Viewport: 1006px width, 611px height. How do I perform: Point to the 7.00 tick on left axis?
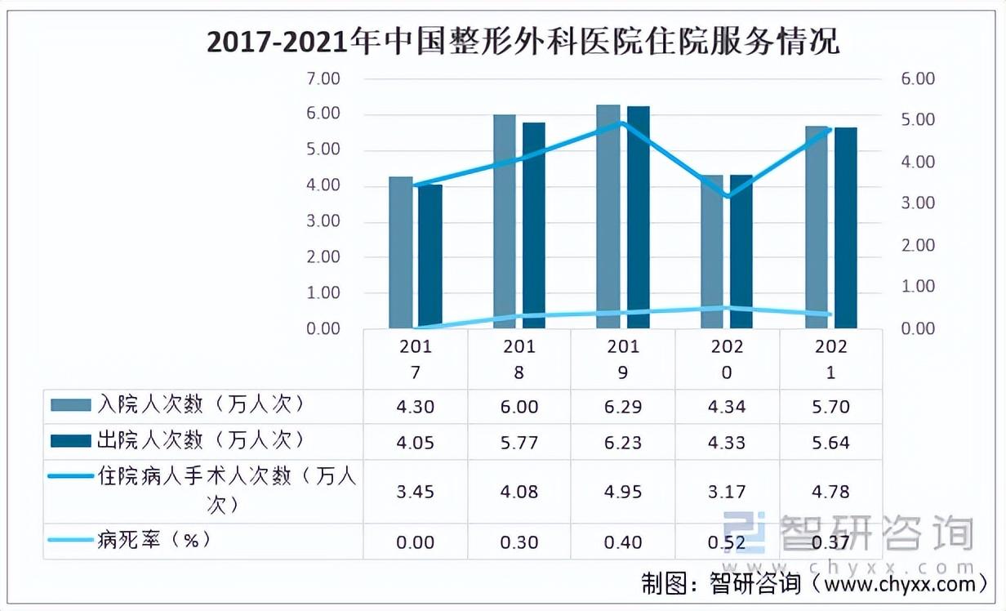pyautogui.click(x=322, y=79)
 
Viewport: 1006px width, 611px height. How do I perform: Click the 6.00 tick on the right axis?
pyautogui.click(x=917, y=79)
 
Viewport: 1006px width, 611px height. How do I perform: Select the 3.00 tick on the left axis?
pyautogui.click(x=322, y=221)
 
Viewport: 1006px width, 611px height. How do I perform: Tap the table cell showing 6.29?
pyautogui.click(x=624, y=406)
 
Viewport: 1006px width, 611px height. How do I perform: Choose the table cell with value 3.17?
pyautogui.click(x=728, y=492)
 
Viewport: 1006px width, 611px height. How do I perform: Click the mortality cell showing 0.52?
pyautogui.click(x=728, y=542)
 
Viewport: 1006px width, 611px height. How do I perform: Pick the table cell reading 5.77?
pyautogui.click(x=520, y=443)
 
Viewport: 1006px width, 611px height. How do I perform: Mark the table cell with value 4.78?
pyautogui.click(x=831, y=492)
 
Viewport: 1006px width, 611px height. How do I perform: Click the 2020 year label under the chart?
pyautogui.click(x=728, y=359)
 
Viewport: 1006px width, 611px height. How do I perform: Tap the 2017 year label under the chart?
pyautogui.click(x=416, y=359)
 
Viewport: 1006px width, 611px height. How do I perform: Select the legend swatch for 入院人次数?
pyautogui.click(x=72, y=405)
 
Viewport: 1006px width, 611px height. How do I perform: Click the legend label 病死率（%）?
pyautogui.click(x=159, y=541)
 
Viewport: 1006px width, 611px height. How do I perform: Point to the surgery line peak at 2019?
pyautogui.click(x=622, y=123)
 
